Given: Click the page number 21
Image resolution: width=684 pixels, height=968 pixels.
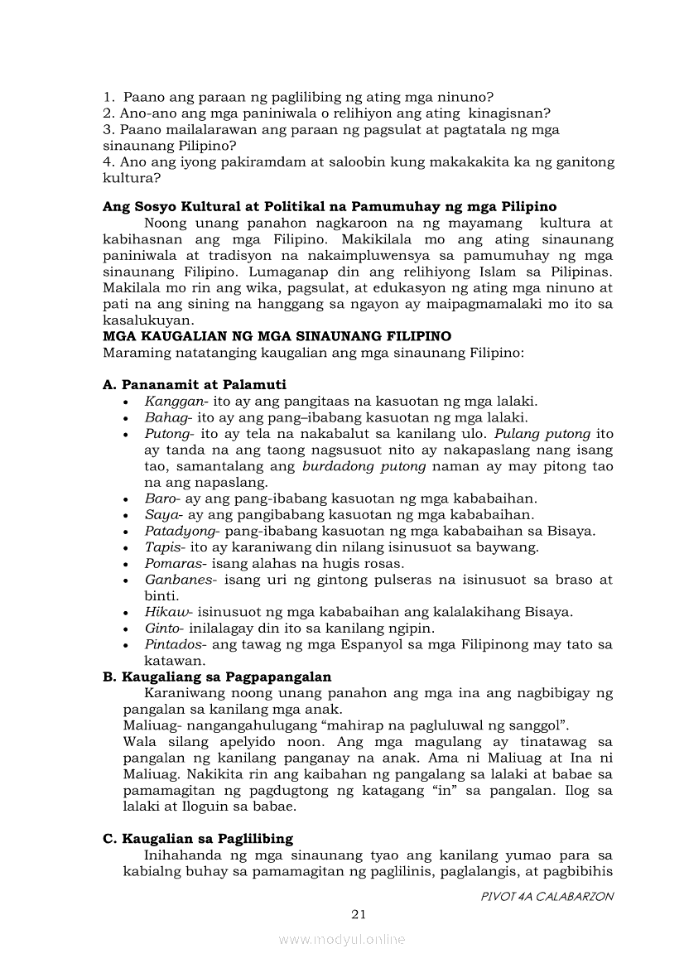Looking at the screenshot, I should click(359, 914).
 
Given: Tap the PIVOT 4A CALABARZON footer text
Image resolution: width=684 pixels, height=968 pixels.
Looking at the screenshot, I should click(547, 897).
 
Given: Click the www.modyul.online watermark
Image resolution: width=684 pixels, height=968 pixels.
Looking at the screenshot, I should click(342, 939).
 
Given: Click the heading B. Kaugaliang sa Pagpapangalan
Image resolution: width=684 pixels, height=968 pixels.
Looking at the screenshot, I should click(217, 677).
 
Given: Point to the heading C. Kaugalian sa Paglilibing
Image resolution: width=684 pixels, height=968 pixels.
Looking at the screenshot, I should click(198, 838).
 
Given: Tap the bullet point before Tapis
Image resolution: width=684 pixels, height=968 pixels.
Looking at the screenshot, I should click(124, 548).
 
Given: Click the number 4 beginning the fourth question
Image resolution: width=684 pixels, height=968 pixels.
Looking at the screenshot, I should click(108, 162).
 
